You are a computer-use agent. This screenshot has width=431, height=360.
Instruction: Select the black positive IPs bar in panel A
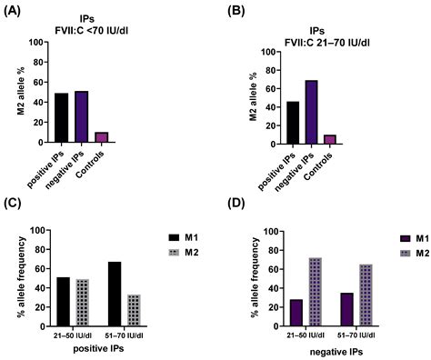[63, 117]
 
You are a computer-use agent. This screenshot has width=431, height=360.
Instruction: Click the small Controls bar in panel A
[101, 137]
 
